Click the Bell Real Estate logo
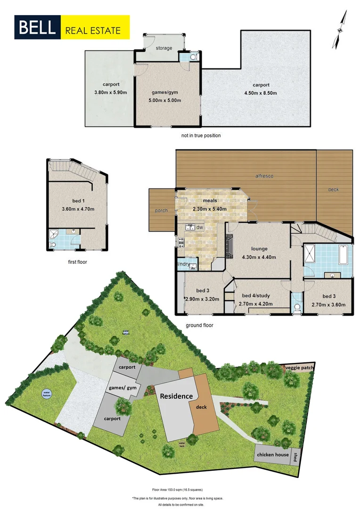coord(72,26)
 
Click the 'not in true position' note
coord(200,135)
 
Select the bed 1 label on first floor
coord(76,201)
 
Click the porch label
coord(161,210)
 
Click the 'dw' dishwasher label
coord(200,228)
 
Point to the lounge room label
coord(259,249)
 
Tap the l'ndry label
coord(183,264)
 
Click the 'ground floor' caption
coord(200,325)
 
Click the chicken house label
coord(272,455)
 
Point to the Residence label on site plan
coord(177,396)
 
